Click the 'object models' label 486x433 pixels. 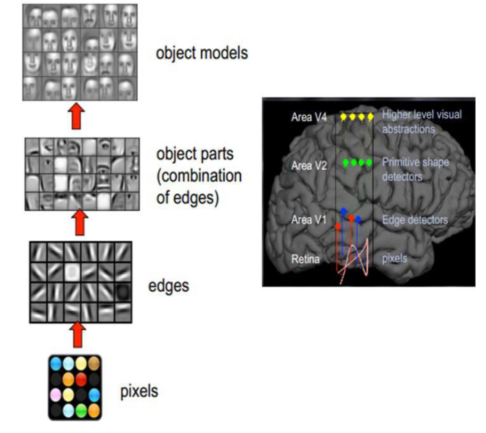click(x=202, y=53)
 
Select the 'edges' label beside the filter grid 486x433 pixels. click(x=169, y=286)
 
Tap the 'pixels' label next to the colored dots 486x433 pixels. click(x=139, y=391)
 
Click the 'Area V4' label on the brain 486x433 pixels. click(x=309, y=117)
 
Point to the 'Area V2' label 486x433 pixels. click(x=309, y=166)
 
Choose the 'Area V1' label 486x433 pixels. click(x=308, y=220)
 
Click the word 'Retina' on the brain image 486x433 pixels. click(x=305, y=258)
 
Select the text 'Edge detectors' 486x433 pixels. click(x=415, y=220)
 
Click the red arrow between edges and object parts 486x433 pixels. click(x=80, y=223)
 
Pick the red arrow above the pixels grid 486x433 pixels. click(x=77, y=334)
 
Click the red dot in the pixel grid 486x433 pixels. click(x=81, y=380)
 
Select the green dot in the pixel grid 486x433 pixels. click(x=81, y=410)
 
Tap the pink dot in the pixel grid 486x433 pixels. click(x=56, y=395)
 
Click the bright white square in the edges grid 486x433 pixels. click(x=72, y=272)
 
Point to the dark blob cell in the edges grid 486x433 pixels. click(x=123, y=292)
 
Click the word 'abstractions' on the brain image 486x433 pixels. click(x=409, y=129)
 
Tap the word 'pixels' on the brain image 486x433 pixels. click(x=395, y=258)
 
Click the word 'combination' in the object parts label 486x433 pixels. click(x=199, y=176)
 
